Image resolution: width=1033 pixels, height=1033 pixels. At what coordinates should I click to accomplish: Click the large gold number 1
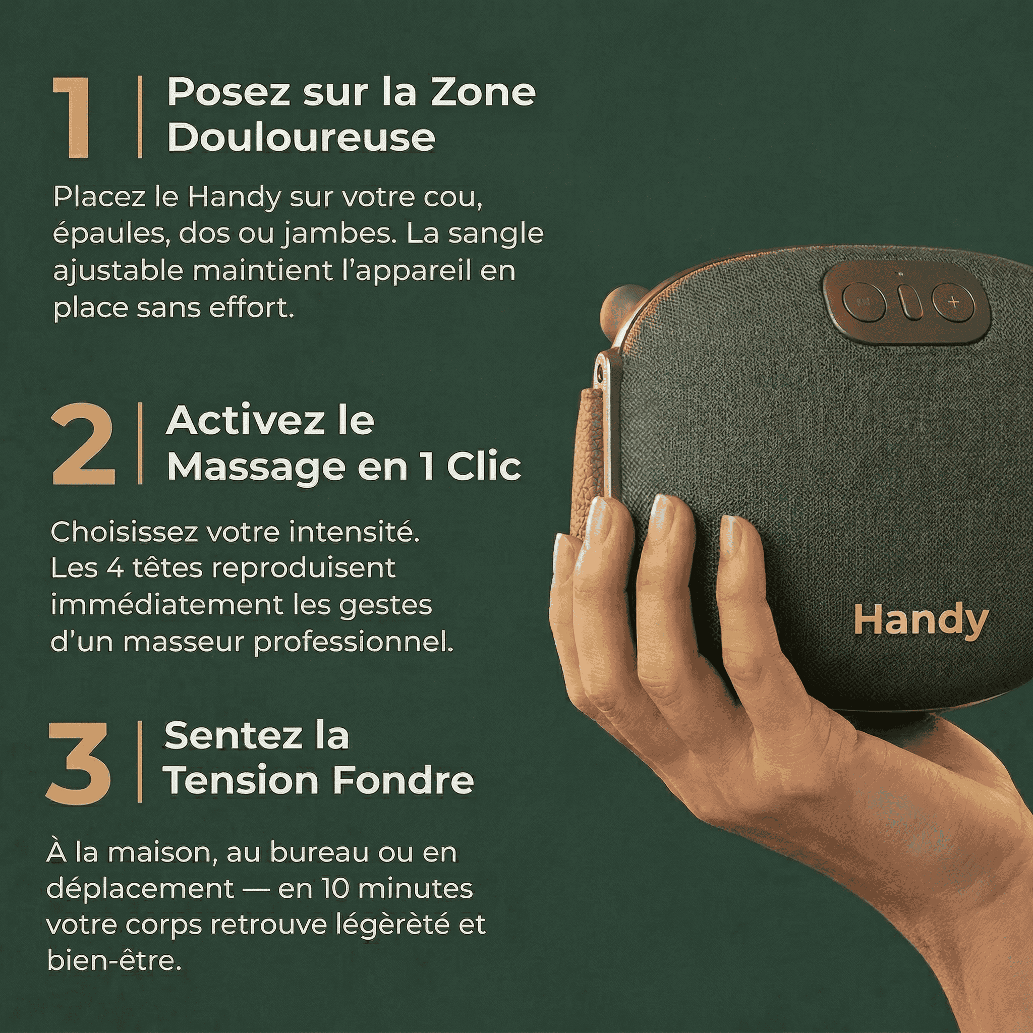click(72, 117)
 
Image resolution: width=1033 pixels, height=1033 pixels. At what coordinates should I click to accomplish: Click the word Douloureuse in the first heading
click(301, 137)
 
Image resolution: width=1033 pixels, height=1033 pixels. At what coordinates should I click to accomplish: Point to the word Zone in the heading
click(483, 92)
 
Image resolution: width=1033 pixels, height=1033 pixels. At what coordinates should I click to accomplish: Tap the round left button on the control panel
click(864, 302)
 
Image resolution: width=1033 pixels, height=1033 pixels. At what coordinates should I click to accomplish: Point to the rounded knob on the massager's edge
click(621, 313)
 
